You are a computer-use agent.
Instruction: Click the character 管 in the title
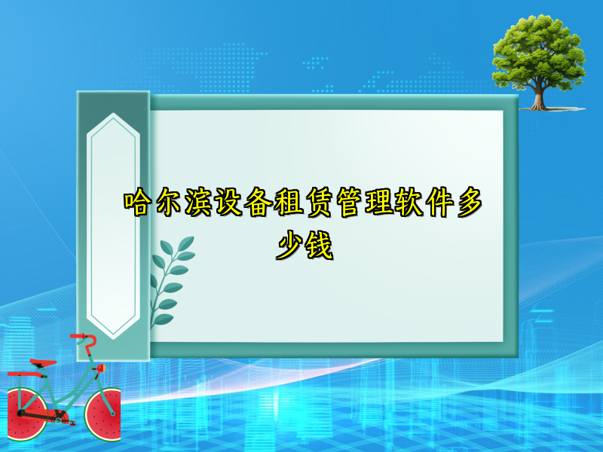348,203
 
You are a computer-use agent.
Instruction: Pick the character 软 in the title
407,203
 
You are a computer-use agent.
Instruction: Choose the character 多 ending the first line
467,203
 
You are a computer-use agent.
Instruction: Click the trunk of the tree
538,96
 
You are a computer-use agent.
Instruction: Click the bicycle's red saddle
44,363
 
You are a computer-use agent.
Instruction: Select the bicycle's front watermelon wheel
103,414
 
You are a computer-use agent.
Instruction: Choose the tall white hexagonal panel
114,226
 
